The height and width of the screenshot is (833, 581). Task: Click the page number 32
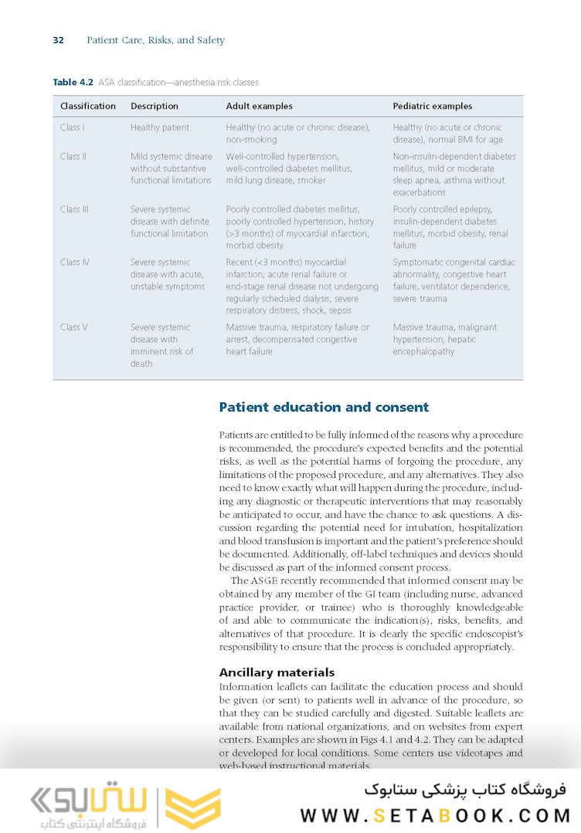[58, 40]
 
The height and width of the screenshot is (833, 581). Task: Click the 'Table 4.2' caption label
[73, 83]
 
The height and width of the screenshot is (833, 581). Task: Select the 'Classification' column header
[88, 107]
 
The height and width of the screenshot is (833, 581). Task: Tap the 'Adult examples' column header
[259, 107]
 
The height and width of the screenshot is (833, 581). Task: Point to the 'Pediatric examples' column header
[432, 107]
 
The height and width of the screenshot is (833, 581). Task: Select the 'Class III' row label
[74, 209]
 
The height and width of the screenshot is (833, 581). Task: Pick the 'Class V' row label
[73, 327]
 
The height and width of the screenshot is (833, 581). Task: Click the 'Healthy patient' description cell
[159, 127]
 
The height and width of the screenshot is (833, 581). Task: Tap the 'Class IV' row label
[74, 262]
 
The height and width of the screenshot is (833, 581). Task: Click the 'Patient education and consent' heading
[324, 407]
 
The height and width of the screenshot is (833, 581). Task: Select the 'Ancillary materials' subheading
[277, 672]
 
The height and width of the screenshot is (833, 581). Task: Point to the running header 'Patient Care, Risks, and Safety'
[155, 40]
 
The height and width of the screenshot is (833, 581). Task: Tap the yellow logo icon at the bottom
[193, 808]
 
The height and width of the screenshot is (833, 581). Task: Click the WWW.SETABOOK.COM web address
[435, 815]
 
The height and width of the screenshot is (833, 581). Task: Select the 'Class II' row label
[73, 157]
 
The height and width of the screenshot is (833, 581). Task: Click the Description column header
[155, 107]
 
